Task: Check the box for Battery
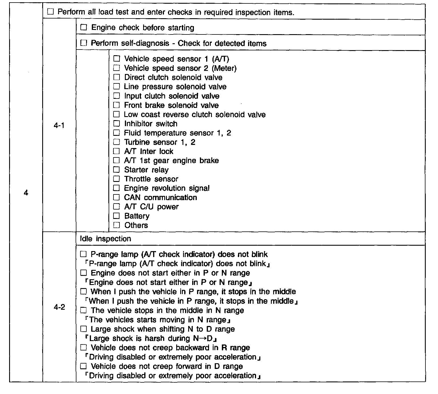click(116, 216)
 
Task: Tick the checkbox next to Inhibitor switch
click(116, 124)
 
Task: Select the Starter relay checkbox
click(116, 170)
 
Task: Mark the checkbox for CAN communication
click(116, 197)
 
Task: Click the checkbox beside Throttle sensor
click(116, 179)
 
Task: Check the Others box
click(116, 225)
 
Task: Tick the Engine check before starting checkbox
click(83, 28)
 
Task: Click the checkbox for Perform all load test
click(50, 12)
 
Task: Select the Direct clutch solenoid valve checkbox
click(116, 77)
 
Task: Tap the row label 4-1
click(59, 126)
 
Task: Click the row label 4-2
click(59, 307)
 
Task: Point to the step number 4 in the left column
click(26, 193)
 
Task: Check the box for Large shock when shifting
click(83, 329)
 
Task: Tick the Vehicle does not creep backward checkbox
click(83, 348)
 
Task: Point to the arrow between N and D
click(207, 338)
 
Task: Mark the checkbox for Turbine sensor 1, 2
click(116, 142)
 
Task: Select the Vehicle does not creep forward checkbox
click(83, 366)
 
